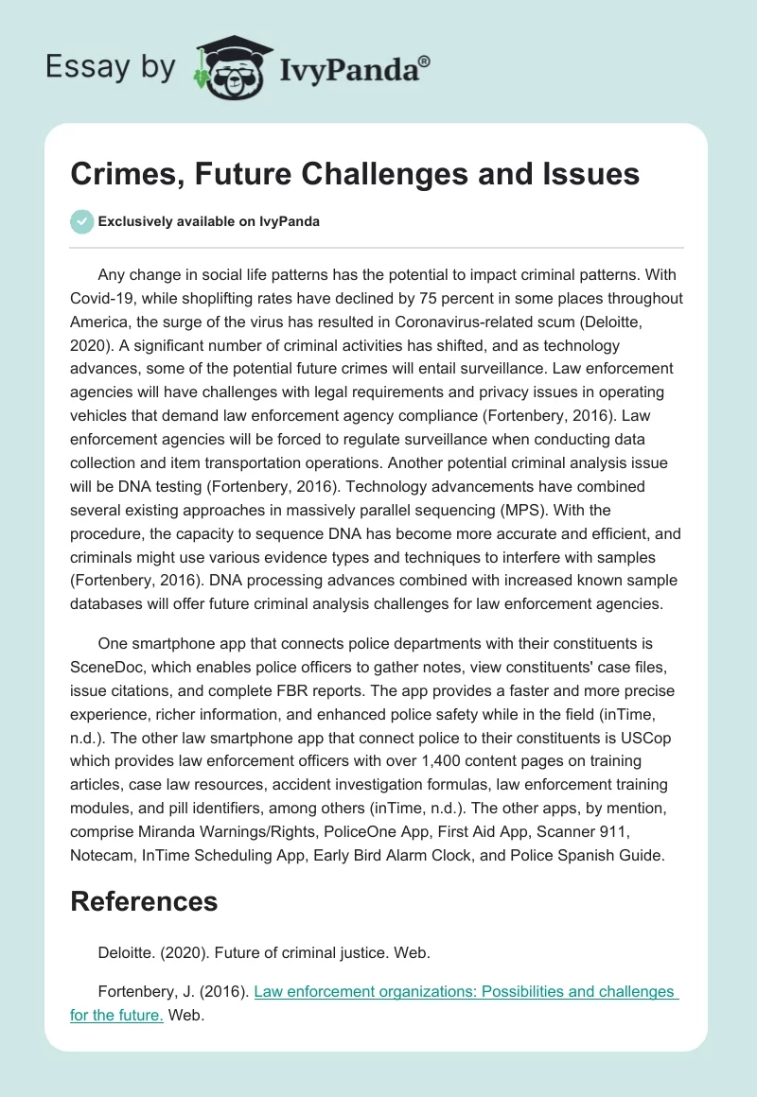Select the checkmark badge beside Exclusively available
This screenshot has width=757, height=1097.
pyautogui.click(x=81, y=221)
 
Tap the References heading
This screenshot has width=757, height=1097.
pyautogui.click(x=144, y=901)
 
